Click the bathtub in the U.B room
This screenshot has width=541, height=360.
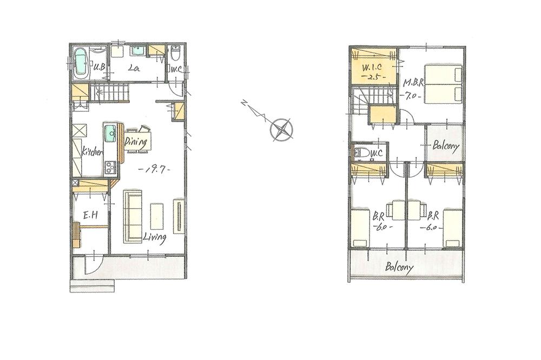pos(81,63)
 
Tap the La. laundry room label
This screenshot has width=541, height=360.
pos(134,69)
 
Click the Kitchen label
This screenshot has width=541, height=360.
pos(92,153)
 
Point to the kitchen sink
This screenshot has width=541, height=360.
pos(110,131)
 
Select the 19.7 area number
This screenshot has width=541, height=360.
pos(155,170)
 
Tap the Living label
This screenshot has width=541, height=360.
pos(155,237)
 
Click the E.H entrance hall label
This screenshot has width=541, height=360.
pos(90,216)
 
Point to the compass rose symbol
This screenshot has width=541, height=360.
pos(282,130)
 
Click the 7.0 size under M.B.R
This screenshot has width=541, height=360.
pos(413,97)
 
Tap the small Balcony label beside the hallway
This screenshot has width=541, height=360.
pos(446,146)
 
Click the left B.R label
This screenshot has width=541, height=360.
pos(379,216)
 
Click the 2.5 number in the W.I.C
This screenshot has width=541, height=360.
pos(374,77)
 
